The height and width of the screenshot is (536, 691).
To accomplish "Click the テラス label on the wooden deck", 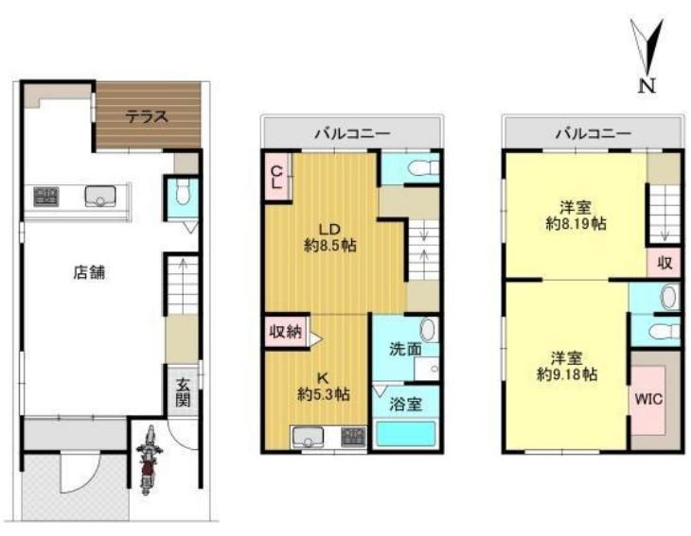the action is click(147, 117).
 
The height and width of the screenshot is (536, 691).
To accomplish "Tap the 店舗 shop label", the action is click(89, 273).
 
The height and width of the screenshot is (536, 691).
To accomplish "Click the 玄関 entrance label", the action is click(183, 392).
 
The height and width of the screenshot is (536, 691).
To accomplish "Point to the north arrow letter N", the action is click(647, 85).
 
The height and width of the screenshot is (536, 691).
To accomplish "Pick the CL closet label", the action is click(276, 177).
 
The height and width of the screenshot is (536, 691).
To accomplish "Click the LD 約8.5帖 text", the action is click(330, 237).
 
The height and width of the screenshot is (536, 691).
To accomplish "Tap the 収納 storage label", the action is click(286, 332).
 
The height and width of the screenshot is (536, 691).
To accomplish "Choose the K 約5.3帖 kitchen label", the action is click(324, 386).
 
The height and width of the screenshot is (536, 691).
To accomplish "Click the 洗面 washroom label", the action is click(406, 349).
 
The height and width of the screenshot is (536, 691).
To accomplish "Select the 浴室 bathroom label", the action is click(406, 404).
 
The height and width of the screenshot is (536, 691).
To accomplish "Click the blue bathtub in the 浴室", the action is click(405, 434).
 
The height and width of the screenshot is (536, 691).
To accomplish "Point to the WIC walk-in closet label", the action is click(648, 400).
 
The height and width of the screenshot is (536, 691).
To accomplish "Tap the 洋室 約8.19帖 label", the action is click(576, 216).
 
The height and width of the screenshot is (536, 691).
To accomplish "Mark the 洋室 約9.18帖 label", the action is click(567, 366).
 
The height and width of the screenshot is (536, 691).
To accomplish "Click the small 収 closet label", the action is click(664, 263).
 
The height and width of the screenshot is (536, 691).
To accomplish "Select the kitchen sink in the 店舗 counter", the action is click(100, 196).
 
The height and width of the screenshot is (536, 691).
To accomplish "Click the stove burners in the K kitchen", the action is click(353, 437).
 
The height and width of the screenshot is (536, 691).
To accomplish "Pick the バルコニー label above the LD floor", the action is click(352, 133).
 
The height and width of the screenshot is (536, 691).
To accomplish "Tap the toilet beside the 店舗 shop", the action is click(182, 194).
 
